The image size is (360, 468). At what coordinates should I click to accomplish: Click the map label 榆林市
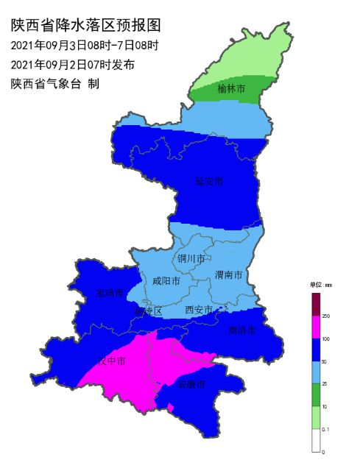[231, 90]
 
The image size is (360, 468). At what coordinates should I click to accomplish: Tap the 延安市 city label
[209, 181]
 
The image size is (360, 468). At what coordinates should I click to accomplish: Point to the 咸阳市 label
[166, 280]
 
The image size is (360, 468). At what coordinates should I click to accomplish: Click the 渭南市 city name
[229, 274]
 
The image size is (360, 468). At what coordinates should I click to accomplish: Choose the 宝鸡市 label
[110, 294]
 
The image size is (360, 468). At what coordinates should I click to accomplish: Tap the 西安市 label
[200, 310]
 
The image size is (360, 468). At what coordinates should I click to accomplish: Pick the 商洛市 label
[242, 330]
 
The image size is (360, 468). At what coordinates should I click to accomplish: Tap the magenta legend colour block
[316, 327]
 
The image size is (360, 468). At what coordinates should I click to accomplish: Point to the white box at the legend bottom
[316, 440]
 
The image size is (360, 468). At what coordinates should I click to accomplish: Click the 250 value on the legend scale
[326, 316]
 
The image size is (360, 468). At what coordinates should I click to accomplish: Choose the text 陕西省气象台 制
[54, 83]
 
